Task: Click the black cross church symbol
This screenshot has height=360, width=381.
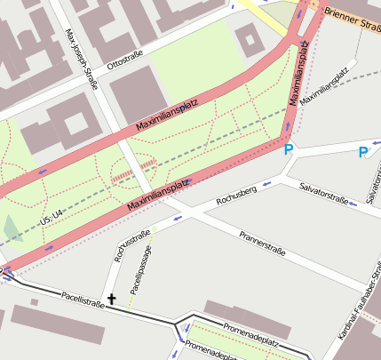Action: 112,300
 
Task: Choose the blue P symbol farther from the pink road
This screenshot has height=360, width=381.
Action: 362,153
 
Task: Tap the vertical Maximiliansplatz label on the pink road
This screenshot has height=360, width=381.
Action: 302,76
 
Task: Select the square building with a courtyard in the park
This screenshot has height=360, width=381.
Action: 250,39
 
